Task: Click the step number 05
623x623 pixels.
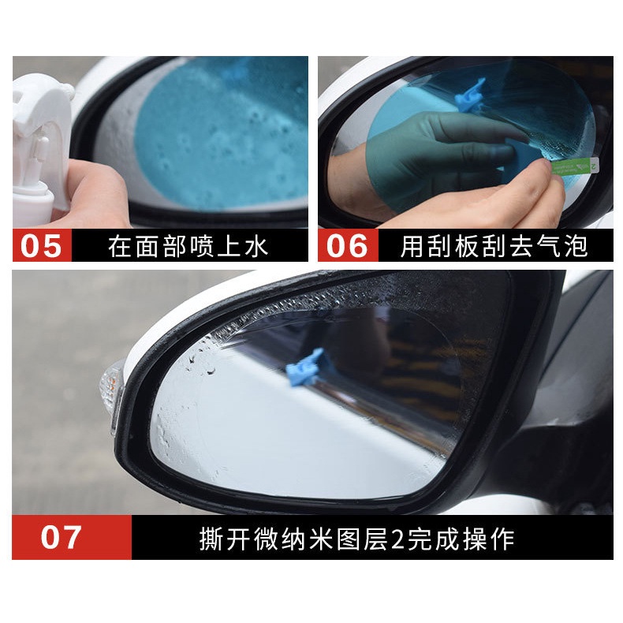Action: click(x=41, y=245)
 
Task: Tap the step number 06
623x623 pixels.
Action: click(x=347, y=245)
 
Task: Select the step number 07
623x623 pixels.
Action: click(x=62, y=538)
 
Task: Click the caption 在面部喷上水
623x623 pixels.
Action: click(x=188, y=246)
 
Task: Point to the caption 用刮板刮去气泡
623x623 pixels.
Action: click(x=494, y=246)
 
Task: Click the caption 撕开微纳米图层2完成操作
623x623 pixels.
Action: click(x=356, y=539)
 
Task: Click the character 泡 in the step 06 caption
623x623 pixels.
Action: click(x=576, y=246)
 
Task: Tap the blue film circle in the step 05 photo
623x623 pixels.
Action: click(x=221, y=126)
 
